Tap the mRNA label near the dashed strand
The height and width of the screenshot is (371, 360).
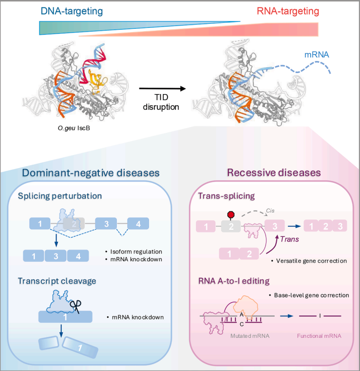click(316, 55)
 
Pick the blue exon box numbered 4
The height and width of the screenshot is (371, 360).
click(138, 224)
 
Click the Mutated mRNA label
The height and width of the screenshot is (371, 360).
click(242, 337)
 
